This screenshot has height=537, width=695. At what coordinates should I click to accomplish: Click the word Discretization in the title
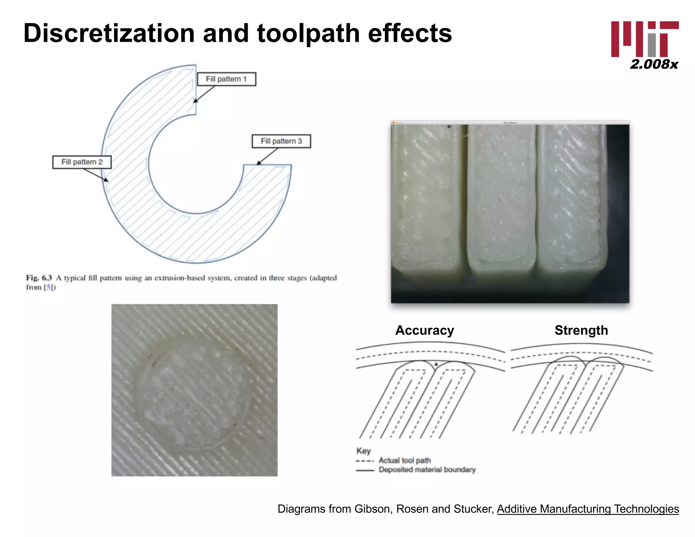(109, 33)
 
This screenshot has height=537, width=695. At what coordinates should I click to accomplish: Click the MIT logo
(644, 39)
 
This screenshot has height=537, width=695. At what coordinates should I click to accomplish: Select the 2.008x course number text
(654, 64)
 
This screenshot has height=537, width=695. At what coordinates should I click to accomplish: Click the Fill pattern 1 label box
(226, 79)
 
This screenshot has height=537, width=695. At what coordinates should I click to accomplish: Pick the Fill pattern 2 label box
(82, 162)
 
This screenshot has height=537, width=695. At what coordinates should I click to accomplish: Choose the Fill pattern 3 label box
(281, 141)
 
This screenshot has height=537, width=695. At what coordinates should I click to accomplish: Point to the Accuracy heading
(424, 330)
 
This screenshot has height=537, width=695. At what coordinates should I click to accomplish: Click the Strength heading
(581, 330)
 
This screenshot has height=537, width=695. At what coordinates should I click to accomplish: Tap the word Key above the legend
(363, 451)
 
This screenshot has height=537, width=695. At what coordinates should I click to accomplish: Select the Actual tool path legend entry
(404, 460)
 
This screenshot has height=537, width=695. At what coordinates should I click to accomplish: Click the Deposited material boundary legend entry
(427, 470)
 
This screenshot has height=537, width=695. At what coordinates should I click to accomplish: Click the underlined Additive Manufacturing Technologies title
(588, 509)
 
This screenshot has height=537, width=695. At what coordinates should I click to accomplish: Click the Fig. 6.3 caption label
(39, 278)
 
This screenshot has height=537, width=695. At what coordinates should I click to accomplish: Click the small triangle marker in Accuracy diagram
(436, 364)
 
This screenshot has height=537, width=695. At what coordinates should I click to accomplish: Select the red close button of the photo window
(393, 123)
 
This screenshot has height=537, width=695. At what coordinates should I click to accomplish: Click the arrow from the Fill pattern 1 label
(205, 94)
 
